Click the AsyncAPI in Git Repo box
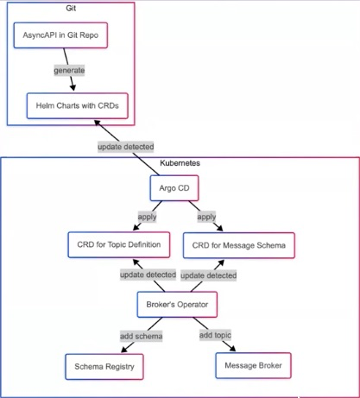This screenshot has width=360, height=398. click(60, 35)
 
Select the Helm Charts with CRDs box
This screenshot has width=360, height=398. click(78, 105)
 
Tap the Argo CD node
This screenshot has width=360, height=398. click(174, 188)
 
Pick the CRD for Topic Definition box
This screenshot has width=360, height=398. click(119, 244)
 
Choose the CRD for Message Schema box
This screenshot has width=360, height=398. click(239, 245)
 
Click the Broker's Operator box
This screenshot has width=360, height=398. click(177, 305)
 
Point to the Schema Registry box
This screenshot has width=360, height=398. click(104, 367)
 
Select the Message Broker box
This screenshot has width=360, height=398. click(253, 365)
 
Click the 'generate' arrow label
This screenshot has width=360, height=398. click(69, 71)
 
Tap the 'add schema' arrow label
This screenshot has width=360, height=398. click(142, 336)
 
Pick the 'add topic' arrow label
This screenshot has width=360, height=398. click(215, 335)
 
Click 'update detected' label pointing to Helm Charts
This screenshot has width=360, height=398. click(126, 147)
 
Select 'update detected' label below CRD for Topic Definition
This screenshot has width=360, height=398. click(148, 275)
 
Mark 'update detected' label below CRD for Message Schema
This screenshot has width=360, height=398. click(209, 275)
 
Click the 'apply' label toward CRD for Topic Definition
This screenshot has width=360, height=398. click(147, 217)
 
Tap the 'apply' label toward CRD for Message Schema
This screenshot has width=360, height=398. click(206, 217)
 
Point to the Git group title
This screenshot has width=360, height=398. click(71, 8)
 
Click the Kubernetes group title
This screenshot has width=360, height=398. click(180, 163)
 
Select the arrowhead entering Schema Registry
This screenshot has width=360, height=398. click(124, 350)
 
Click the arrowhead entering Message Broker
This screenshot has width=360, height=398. click(232, 348)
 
